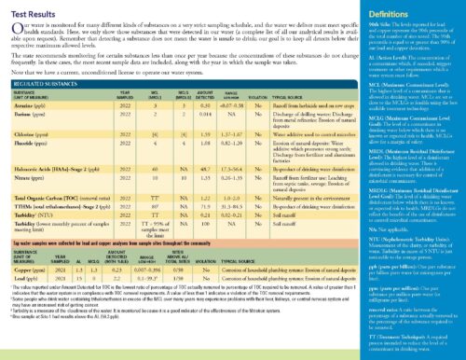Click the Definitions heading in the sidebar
393,9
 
